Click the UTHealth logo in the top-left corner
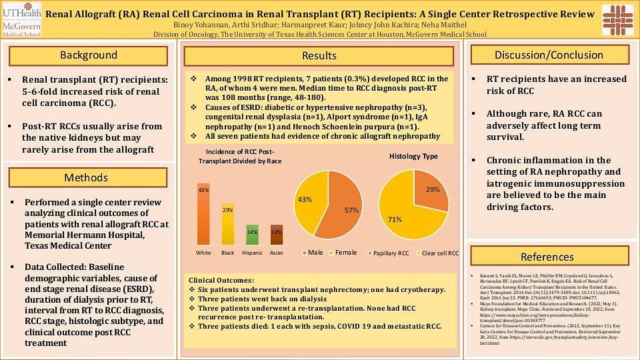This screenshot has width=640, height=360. coord(21,19)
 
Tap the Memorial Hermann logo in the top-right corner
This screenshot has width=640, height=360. coord(617,20)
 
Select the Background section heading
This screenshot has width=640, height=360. coord(88,55)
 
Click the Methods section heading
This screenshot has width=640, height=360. coord(86,177)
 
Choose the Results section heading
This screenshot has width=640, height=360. coord(319,56)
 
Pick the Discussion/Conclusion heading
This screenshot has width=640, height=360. coord(549,55)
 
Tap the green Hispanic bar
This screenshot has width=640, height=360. coord(252,235)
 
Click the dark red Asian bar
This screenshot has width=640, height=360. coord(276,235)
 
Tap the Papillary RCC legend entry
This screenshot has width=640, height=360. coord(390,253)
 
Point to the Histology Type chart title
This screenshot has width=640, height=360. coord(413,156)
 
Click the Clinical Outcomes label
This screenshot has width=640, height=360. coord(221,280)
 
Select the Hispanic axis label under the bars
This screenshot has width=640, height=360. coord(252,253)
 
